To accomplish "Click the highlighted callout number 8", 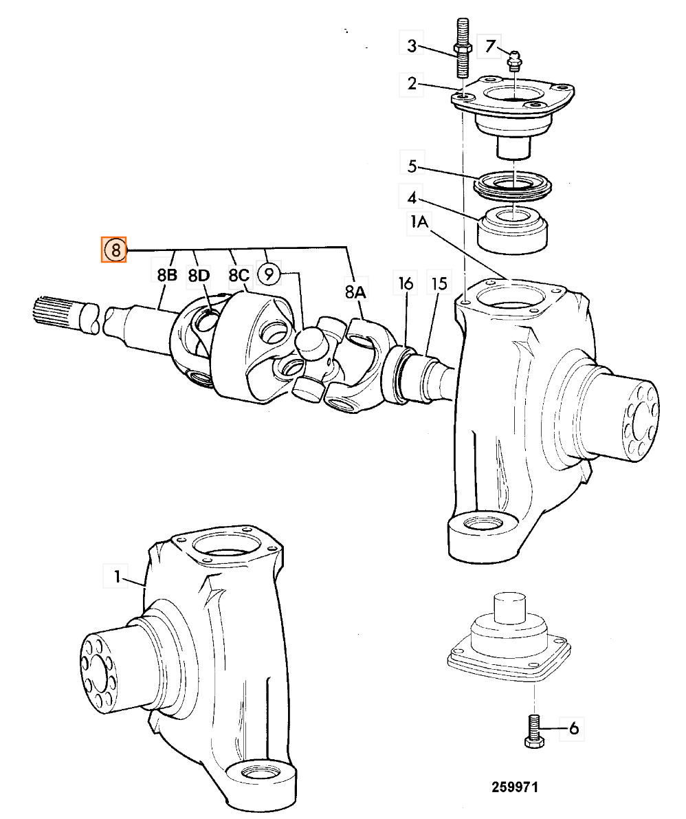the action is (x=114, y=250).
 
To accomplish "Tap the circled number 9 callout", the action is (x=269, y=274).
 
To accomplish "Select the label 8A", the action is (x=355, y=292).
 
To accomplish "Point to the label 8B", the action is (x=167, y=275).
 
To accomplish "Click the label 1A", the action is (x=419, y=222).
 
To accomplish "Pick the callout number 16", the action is (x=406, y=283).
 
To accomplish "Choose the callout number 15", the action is (x=440, y=283).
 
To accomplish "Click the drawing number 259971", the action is (x=514, y=787).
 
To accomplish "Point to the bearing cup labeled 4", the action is (x=513, y=230).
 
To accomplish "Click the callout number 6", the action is (x=574, y=728).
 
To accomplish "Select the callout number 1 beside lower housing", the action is (x=118, y=577).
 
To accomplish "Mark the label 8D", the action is (x=199, y=275).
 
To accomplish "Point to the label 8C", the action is (x=239, y=275).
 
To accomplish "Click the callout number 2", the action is (x=412, y=83).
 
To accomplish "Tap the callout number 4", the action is (x=412, y=199).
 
